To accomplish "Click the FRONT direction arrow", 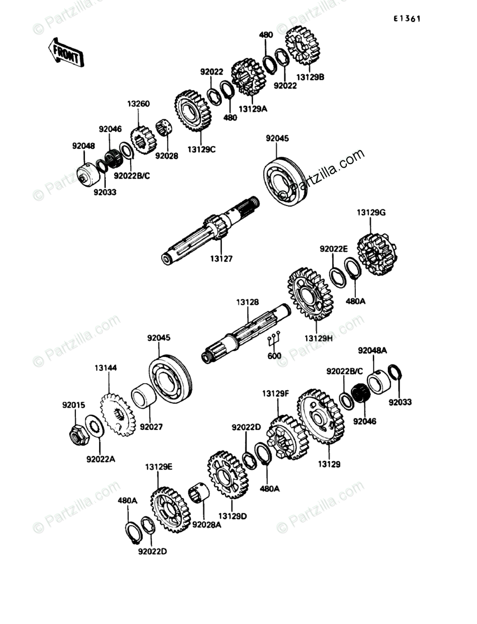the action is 65,53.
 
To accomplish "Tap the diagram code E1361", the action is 407,19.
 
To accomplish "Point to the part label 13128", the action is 248,302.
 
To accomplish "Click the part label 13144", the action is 106,368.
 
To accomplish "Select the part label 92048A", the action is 372,350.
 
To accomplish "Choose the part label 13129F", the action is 275,394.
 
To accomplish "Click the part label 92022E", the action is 334,248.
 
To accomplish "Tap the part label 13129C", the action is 201,150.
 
